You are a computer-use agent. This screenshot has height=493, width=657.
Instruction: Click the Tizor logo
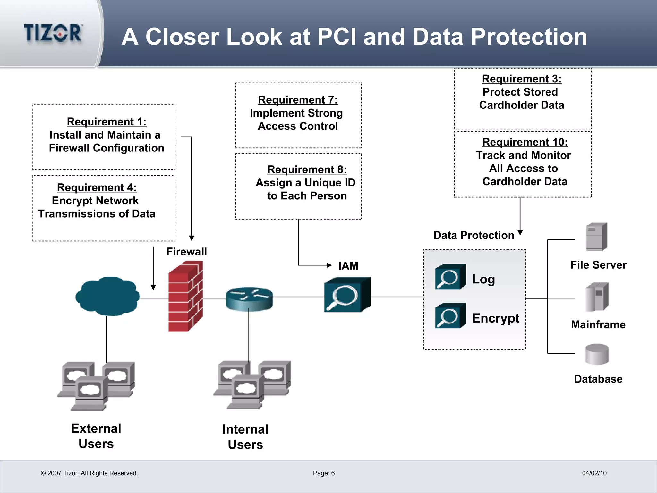53,33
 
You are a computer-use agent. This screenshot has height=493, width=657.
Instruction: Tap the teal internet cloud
108,296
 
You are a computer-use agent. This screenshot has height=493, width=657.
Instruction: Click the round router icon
249,298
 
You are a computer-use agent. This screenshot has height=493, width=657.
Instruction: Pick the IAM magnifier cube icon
347,295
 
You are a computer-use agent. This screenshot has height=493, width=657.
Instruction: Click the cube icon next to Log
450,277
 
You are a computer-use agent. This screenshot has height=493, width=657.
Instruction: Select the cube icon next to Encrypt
450,316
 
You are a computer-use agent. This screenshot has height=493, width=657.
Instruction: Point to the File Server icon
596,237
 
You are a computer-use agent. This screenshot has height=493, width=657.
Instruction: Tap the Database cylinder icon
596,354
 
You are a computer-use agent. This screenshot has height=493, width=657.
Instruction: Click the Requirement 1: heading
107,122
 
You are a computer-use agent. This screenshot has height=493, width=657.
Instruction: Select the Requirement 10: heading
525,142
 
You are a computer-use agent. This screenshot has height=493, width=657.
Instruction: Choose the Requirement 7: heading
298,100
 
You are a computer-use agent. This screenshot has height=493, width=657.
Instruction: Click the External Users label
96,436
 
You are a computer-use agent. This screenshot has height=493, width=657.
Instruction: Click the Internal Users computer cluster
252,385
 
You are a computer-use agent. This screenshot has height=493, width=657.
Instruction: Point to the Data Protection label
474,235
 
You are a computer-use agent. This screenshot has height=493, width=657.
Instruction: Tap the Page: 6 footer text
324,473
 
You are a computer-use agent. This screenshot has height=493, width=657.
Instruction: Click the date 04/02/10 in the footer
594,473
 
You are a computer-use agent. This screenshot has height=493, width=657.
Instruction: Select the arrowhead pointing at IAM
329,265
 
